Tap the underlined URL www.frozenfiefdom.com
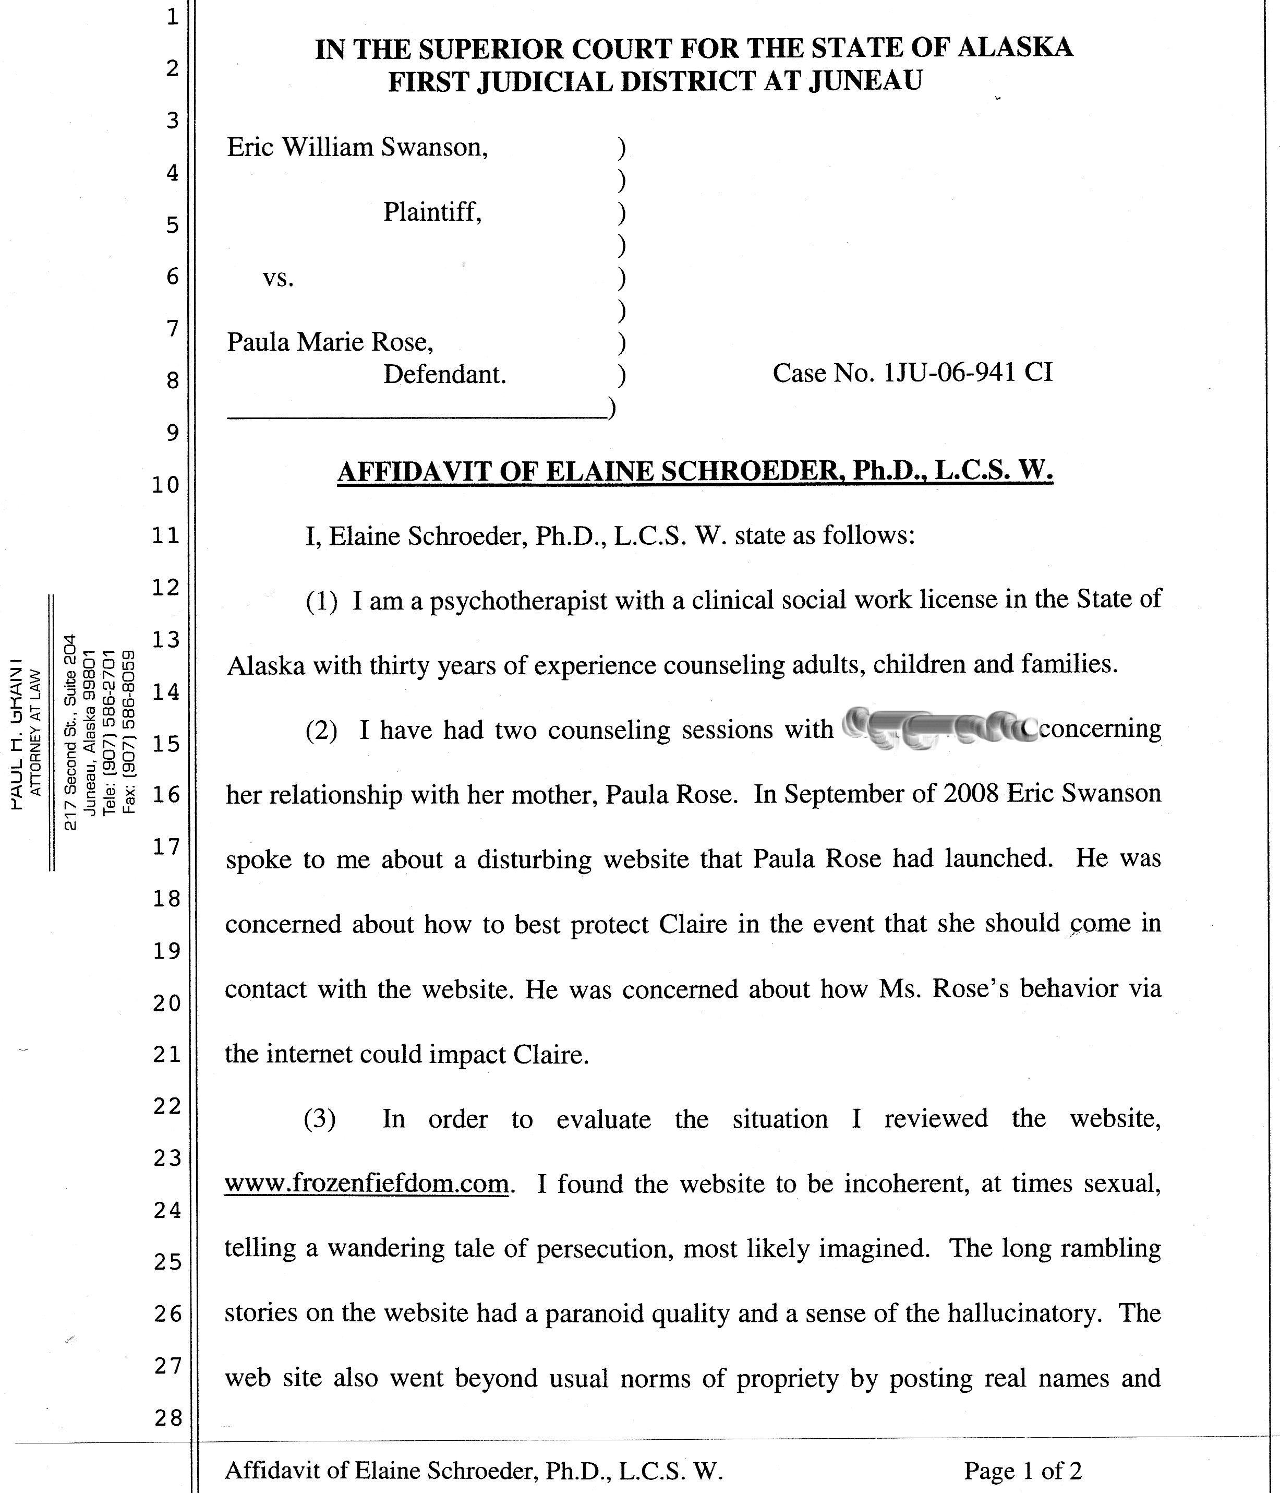tap(367, 1183)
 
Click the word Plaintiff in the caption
tap(431, 212)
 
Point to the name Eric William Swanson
tap(357, 147)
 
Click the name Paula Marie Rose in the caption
tap(330, 341)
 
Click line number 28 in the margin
tap(168, 1418)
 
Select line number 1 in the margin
tap(172, 17)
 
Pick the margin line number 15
tap(166, 743)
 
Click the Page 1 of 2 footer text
tap(1023, 1470)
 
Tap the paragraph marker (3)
tap(320, 1119)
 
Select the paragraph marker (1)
tap(321, 600)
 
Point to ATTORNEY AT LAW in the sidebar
tap(36, 732)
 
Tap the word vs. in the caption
tap(278, 278)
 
